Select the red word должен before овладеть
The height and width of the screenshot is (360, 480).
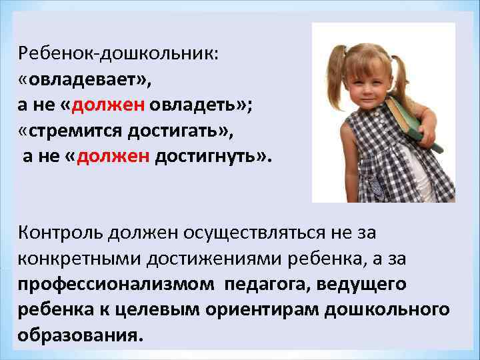107,105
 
